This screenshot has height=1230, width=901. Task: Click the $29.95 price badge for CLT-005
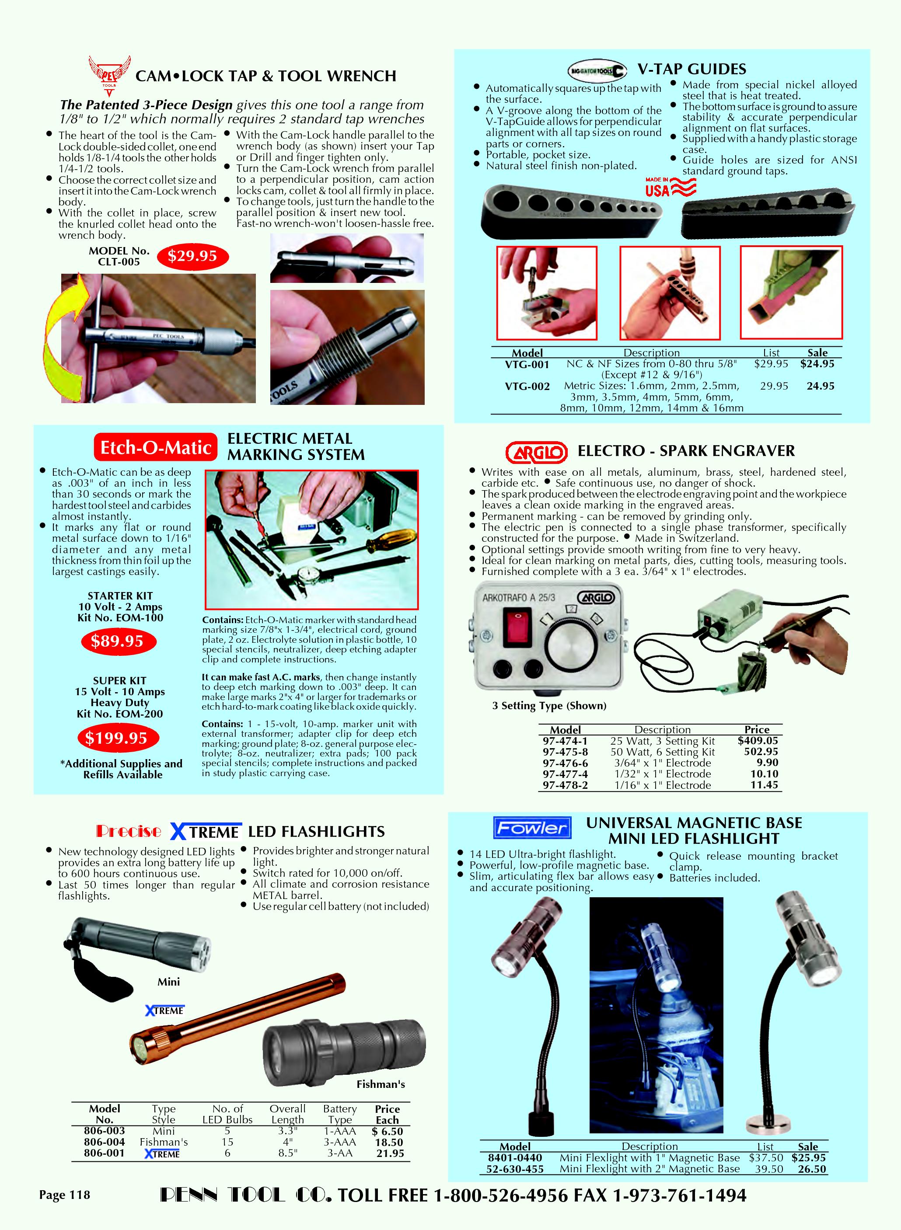192,256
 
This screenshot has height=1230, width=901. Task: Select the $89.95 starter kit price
117,641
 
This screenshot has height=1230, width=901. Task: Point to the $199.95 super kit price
116,738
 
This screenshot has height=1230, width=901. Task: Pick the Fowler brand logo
531,828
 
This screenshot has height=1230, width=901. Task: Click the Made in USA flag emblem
671,187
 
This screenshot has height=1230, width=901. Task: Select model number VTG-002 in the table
527,387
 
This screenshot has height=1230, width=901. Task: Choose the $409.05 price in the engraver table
758,740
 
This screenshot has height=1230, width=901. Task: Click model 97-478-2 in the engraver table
565,785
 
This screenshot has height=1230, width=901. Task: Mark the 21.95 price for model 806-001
390,1153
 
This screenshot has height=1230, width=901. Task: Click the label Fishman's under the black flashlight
381,1084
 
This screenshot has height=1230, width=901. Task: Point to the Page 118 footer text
64,1195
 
